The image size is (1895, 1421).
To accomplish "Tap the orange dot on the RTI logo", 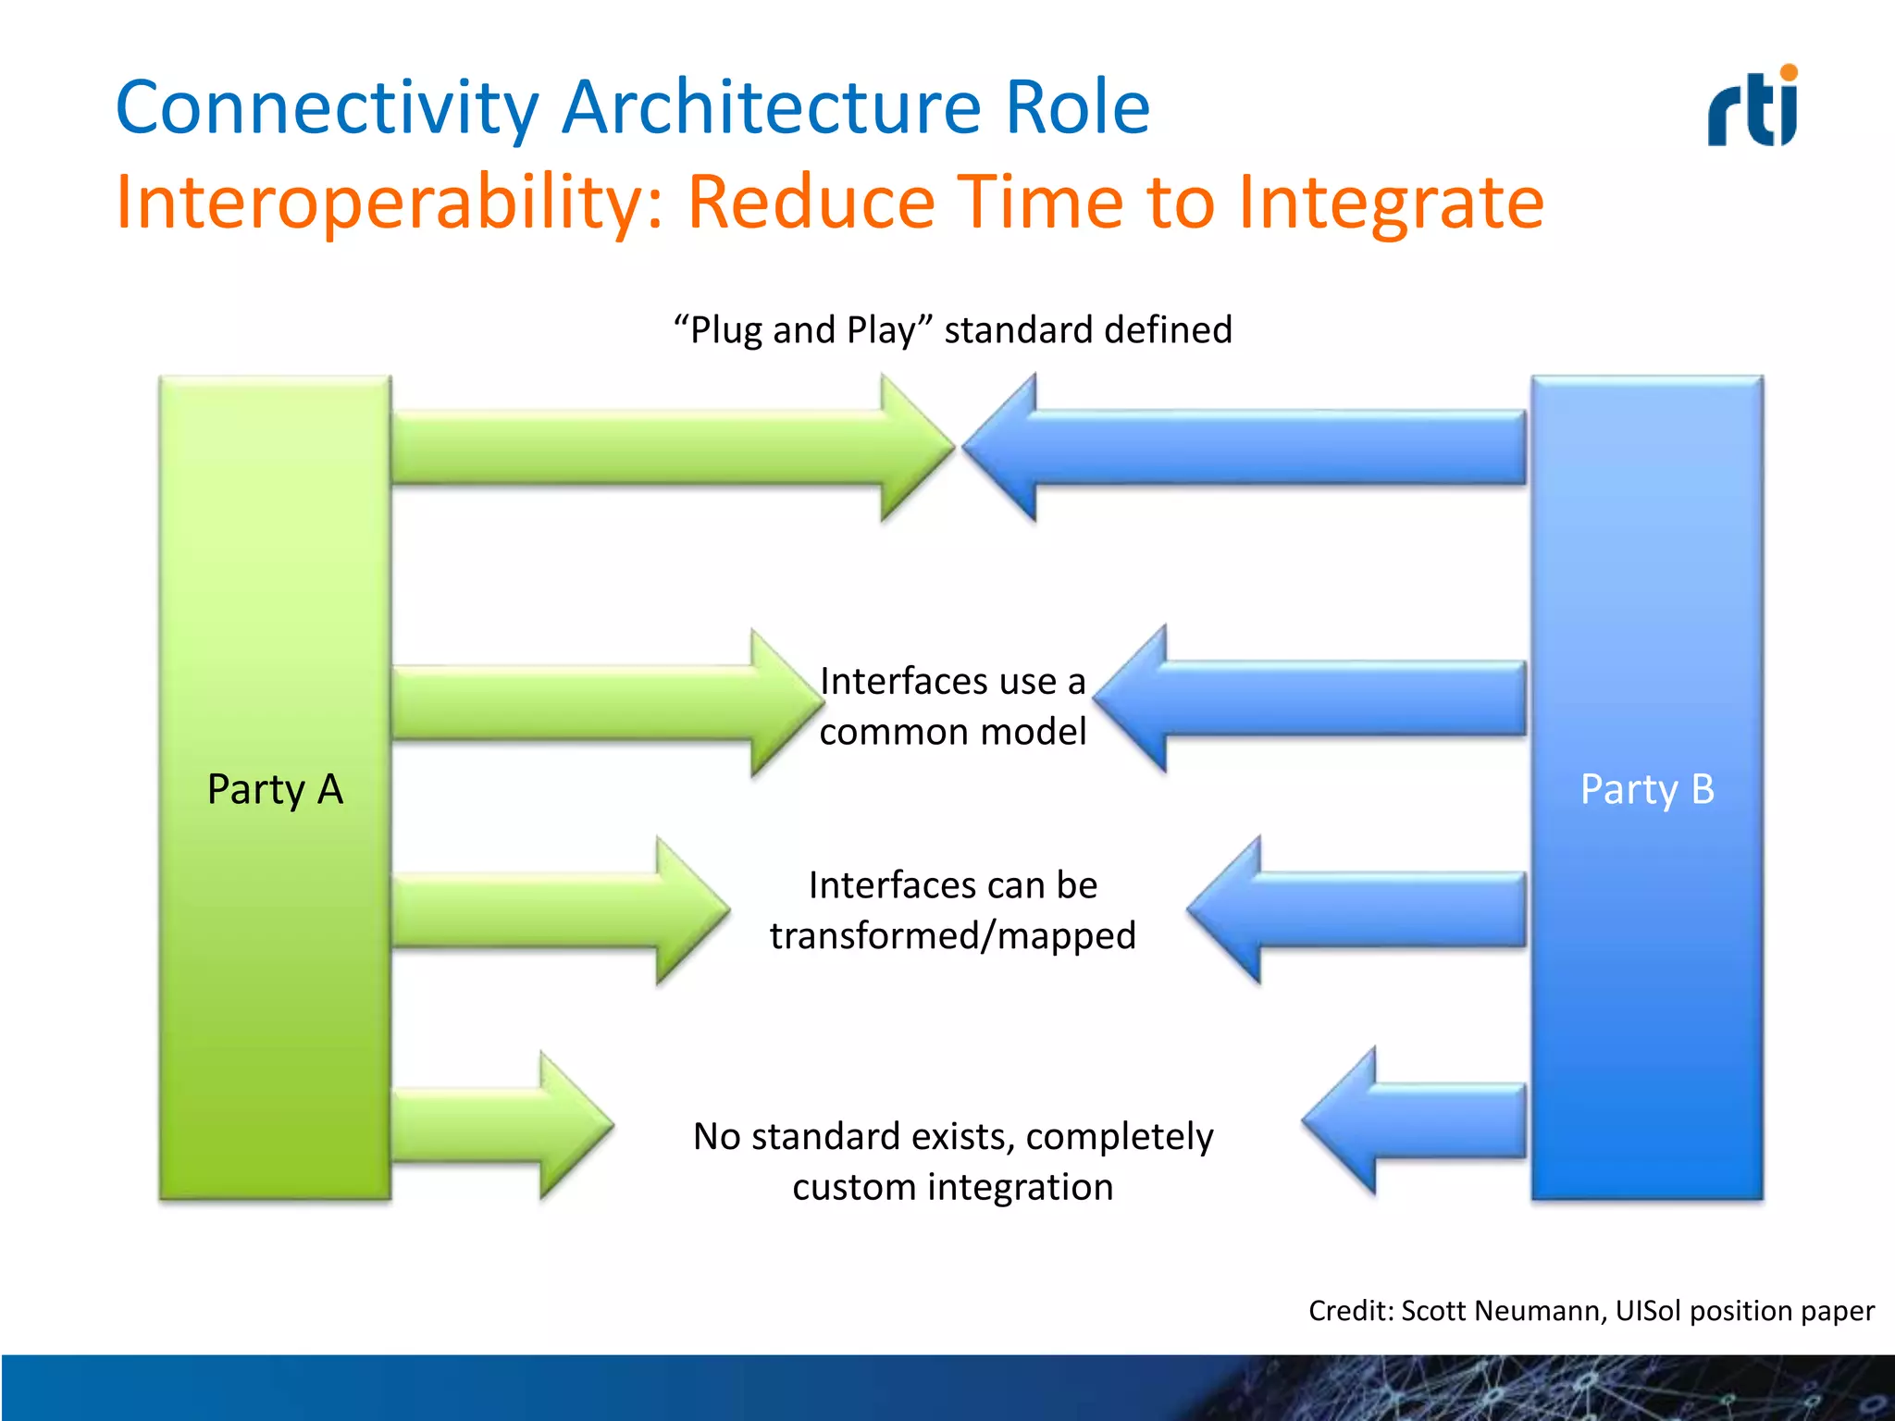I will (1789, 73).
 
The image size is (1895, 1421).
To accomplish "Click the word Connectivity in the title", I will (326, 107).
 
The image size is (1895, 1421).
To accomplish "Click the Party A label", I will (275, 789).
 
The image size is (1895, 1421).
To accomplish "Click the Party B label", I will (1647, 789).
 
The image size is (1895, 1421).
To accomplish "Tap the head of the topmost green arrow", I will (911, 448).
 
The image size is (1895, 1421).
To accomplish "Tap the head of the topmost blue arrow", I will (1004, 448).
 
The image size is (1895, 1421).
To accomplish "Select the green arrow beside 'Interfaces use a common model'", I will (592, 702).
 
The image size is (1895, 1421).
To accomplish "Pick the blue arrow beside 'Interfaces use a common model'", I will (1314, 698).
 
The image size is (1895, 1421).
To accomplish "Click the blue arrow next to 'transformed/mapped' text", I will (1360, 909).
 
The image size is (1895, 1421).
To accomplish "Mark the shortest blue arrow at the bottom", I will (1416, 1120).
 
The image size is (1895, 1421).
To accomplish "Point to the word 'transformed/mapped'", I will (952, 935).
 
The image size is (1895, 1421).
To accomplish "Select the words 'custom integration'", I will (952, 1187).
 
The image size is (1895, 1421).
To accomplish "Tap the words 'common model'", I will (952, 732).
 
